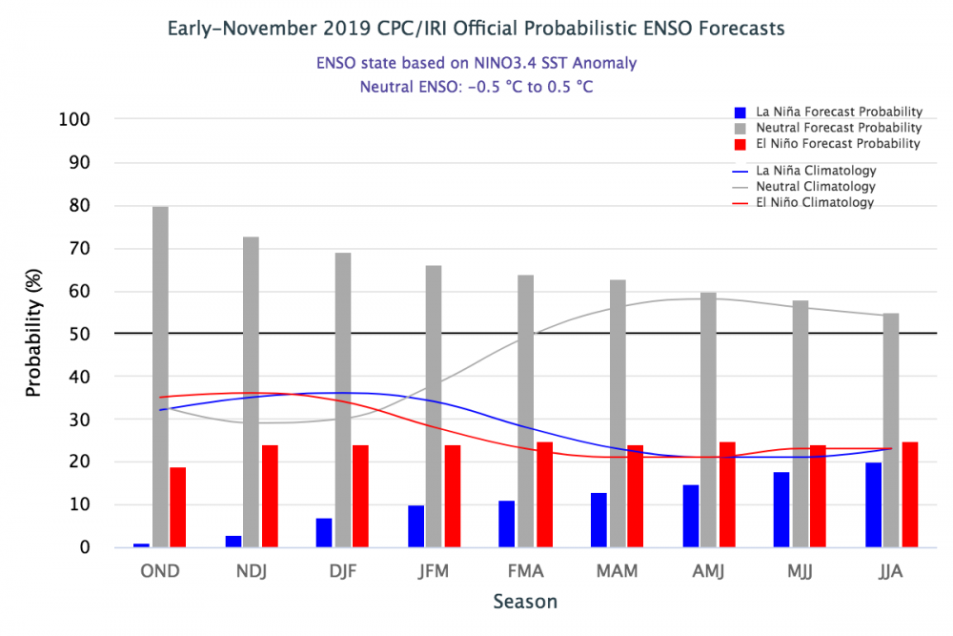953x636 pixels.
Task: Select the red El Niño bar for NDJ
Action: click(270, 496)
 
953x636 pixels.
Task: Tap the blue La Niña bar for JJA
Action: click(874, 505)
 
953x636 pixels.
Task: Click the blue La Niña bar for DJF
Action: click(324, 533)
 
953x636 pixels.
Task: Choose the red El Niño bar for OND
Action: click(178, 507)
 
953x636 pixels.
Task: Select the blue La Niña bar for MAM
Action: click(598, 520)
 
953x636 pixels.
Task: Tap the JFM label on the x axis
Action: click(434, 571)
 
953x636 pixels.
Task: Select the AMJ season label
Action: click(708, 571)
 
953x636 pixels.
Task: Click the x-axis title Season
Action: click(525, 603)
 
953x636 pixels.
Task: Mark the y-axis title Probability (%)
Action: click(34, 334)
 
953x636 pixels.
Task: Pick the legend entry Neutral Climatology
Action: click(815, 187)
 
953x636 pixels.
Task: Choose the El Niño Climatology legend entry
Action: click(815, 203)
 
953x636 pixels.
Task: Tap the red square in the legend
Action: click(740, 144)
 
